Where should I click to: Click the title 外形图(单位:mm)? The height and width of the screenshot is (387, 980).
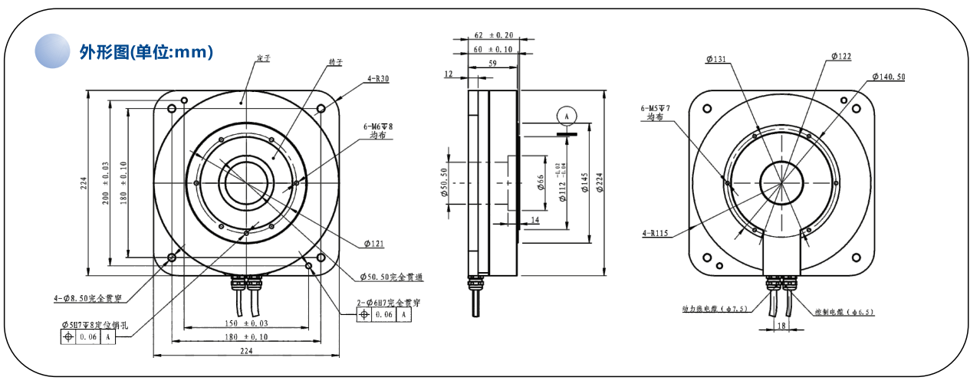point(146,52)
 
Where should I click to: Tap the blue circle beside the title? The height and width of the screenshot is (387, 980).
point(52,51)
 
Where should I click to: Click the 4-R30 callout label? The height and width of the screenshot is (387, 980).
point(378,78)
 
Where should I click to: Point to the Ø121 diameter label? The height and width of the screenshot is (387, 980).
point(374,244)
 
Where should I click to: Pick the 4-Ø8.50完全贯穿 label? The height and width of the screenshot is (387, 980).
point(88,297)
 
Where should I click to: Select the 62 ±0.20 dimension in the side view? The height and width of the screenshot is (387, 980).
point(493,35)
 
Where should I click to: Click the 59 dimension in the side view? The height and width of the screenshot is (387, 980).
point(492,64)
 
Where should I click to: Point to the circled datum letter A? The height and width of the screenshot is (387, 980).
point(567,115)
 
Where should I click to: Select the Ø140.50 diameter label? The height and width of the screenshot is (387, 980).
point(889,77)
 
